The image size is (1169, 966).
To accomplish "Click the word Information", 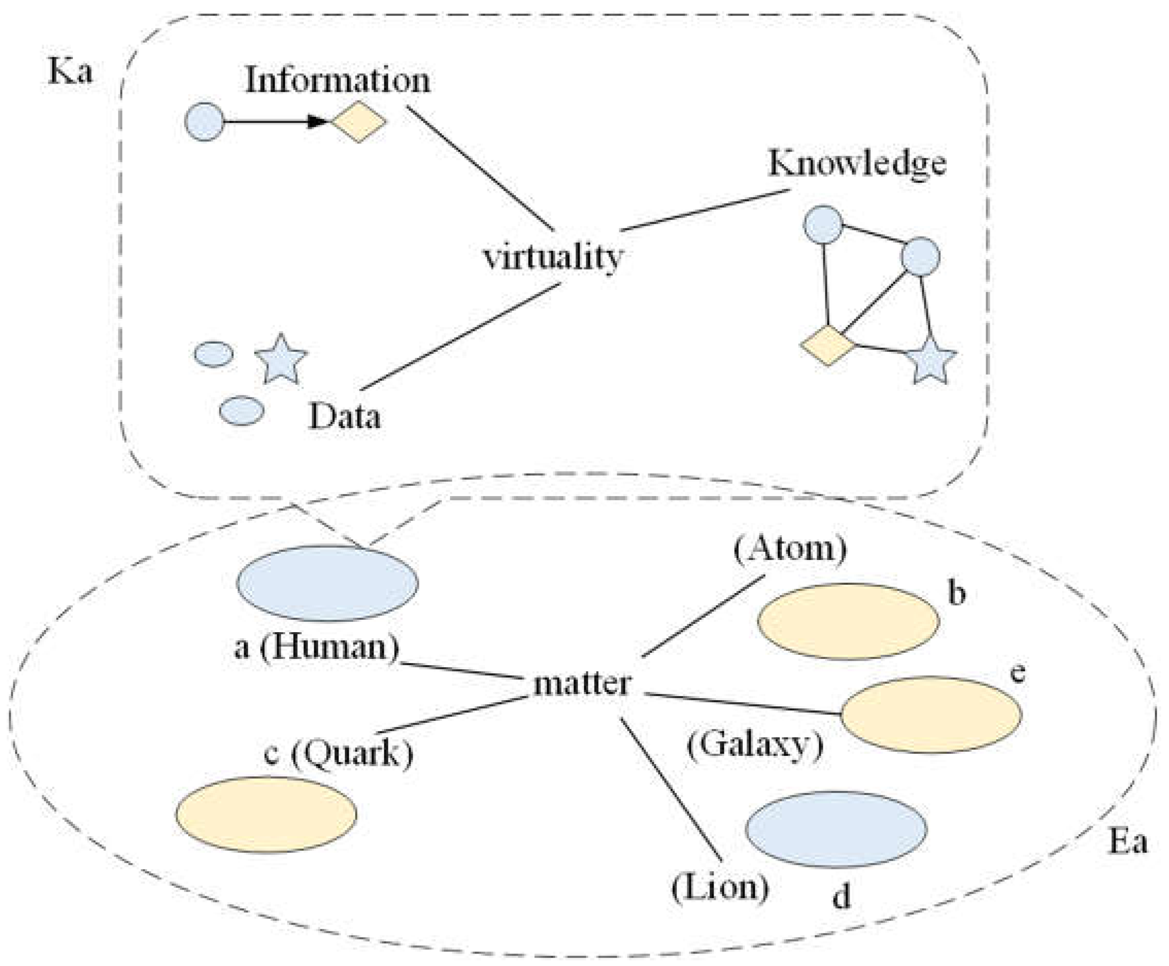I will click(x=338, y=81).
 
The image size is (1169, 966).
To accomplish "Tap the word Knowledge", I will click(x=857, y=164).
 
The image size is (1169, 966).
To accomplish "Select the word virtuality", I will click(x=553, y=258).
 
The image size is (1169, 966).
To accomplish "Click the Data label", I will click(x=344, y=416).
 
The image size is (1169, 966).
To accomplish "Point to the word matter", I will click(x=582, y=683).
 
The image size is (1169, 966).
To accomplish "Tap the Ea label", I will click(x=1128, y=841).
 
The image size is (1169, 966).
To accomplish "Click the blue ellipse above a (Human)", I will click(x=327, y=583).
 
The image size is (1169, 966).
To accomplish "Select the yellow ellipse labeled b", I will click(x=848, y=621).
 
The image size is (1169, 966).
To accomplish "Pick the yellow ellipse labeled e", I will click(x=931, y=715).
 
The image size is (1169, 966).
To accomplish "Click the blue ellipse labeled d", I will click(x=836, y=829).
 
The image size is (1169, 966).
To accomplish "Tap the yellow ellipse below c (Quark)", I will click(x=266, y=814).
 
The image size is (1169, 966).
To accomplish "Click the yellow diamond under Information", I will click(x=359, y=121).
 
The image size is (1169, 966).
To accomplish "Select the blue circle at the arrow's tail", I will click(x=204, y=121).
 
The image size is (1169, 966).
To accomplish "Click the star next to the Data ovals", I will click(x=281, y=360).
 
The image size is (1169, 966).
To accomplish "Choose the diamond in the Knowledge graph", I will click(x=827, y=346).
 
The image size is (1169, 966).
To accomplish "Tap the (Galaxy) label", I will click(x=755, y=744).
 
